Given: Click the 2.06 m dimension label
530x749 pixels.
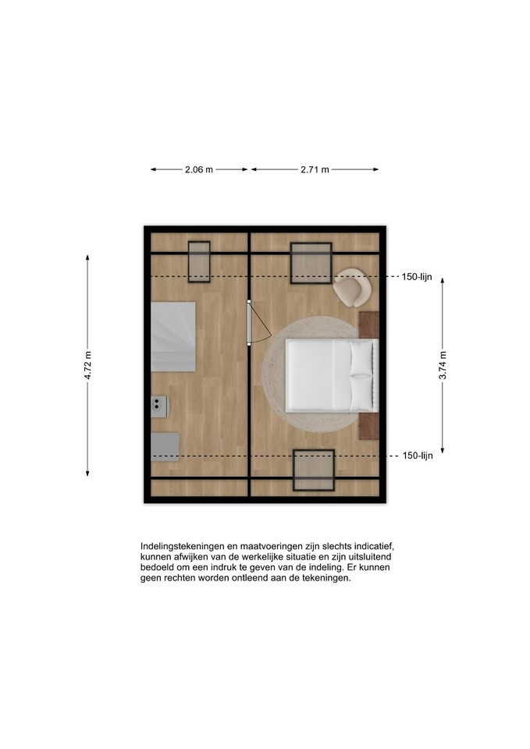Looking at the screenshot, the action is (199, 169).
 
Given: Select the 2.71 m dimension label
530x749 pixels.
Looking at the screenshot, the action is (315, 169).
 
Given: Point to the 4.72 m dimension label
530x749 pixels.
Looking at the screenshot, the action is (87, 365).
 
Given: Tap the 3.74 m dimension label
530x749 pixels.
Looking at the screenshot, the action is (443, 365).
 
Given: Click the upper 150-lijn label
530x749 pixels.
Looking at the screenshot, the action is (417, 276).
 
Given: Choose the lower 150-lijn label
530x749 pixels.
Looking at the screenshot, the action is (418, 456).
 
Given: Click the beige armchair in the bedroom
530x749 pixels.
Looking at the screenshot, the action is (352, 287).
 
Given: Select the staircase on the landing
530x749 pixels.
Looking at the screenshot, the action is (173, 337).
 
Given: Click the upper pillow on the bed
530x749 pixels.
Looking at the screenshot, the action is (361, 357).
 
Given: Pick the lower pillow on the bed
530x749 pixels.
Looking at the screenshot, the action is (361, 392).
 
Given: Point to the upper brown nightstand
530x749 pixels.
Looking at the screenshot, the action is (368, 325).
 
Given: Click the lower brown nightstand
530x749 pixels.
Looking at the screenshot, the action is (368, 426).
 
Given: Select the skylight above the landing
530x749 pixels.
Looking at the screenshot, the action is (199, 262).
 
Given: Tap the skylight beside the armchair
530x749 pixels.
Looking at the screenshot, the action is (311, 263).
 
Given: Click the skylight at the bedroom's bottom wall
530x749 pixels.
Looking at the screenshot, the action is (314, 470).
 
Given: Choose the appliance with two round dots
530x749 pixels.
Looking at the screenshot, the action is (159, 406).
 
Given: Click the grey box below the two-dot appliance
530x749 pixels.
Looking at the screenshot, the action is (165, 447).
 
